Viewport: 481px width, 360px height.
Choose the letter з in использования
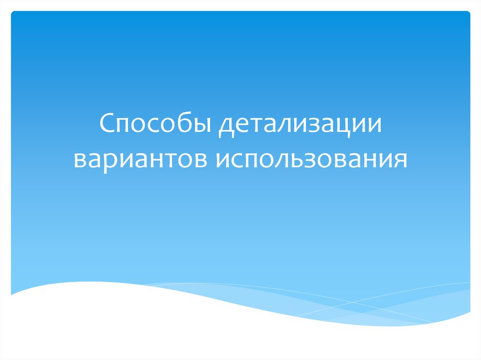[318, 159]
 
